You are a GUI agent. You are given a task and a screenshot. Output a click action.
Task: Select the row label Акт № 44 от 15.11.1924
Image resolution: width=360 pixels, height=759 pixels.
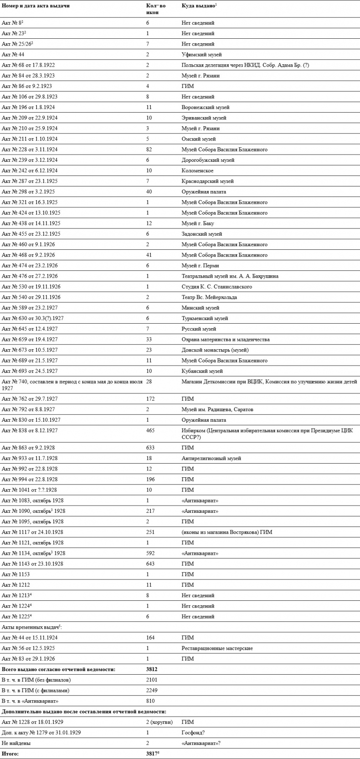pos(30,637)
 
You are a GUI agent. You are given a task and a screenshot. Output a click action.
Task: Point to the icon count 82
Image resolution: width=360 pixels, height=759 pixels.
pos(149,149)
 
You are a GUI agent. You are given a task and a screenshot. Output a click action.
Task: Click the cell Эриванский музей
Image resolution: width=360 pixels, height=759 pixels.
pos(204,118)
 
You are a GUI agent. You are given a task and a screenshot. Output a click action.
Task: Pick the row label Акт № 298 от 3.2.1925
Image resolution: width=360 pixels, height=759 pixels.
pos(28,191)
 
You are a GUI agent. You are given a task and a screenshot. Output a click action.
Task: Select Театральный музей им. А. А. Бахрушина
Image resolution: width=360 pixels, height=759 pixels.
pos(230,276)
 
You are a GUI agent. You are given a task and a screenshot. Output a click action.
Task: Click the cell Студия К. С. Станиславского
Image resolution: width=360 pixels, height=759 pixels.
pos(216,286)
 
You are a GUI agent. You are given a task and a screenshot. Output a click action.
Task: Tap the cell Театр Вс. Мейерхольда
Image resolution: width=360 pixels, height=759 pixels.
pos(209,297)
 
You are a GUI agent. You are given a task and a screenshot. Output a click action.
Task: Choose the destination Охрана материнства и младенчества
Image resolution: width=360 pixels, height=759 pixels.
pos(226,339)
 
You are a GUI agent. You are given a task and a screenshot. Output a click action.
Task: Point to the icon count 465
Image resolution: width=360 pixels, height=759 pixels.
pos(150,430)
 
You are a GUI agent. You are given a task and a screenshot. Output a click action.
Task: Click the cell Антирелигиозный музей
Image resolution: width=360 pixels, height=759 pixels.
pos(211,458)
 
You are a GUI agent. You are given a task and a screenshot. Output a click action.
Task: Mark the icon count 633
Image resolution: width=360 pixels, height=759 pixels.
pos(150,448)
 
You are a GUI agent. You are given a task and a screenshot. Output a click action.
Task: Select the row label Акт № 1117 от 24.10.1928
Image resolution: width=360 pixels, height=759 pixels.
pos(32,532)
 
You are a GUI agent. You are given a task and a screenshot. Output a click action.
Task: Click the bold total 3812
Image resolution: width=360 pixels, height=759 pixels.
pos(152,669)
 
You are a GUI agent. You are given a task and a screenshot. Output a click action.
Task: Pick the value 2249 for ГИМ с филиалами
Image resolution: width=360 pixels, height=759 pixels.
pos(150,690)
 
